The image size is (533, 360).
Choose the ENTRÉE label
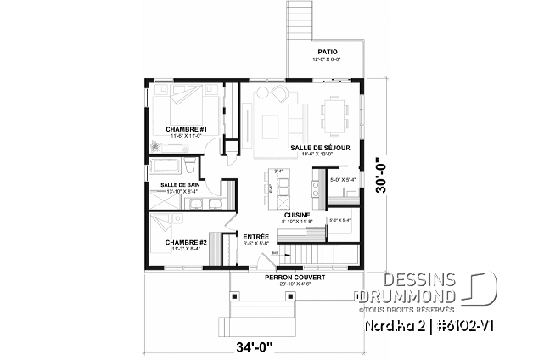pos(255,236)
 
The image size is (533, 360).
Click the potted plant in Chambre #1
pos(155,145)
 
